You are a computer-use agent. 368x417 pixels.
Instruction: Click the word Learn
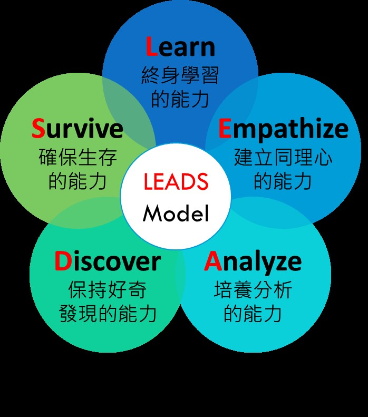pyautogui.click(x=180, y=47)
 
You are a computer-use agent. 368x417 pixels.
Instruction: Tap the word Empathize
pyautogui.click(x=283, y=129)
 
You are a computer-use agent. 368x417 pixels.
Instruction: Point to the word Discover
pyautogui.click(x=108, y=261)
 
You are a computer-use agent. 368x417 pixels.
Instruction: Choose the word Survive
pyautogui.click(x=78, y=128)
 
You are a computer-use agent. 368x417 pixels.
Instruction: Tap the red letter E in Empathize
pyautogui.click(x=225, y=129)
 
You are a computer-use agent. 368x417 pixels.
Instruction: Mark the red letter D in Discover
pyautogui.click(x=62, y=261)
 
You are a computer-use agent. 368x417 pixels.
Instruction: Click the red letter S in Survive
pyautogui.click(x=38, y=128)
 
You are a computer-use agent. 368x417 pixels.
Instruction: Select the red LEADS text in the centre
pyautogui.click(x=176, y=182)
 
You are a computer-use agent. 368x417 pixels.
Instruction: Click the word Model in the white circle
pyautogui.click(x=176, y=213)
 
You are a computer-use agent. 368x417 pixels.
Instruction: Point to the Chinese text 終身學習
pyautogui.click(x=180, y=75)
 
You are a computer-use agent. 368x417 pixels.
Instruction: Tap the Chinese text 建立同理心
pyautogui.click(x=283, y=157)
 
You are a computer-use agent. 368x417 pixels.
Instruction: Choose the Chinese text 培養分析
pyautogui.click(x=253, y=289)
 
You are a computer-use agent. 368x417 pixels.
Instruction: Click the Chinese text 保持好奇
pyautogui.click(x=108, y=289)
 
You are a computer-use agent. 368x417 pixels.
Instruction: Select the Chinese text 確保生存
pyautogui.click(x=78, y=157)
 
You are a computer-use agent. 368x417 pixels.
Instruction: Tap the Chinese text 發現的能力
pyautogui.click(x=108, y=314)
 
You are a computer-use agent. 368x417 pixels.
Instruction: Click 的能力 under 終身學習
pyautogui.click(x=180, y=99)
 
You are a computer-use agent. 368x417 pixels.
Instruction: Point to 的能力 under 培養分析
pyautogui.click(x=253, y=314)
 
